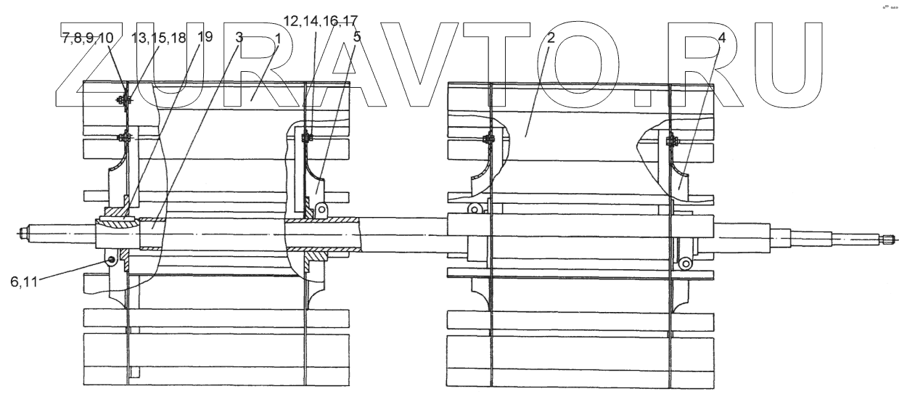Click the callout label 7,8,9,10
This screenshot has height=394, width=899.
[x=86, y=38]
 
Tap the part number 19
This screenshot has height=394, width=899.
[x=205, y=37]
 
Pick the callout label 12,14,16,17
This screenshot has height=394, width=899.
[x=320, y=21]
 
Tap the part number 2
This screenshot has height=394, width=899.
[x=551, y=38]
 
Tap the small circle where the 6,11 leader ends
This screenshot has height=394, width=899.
[x=110, y=260]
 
